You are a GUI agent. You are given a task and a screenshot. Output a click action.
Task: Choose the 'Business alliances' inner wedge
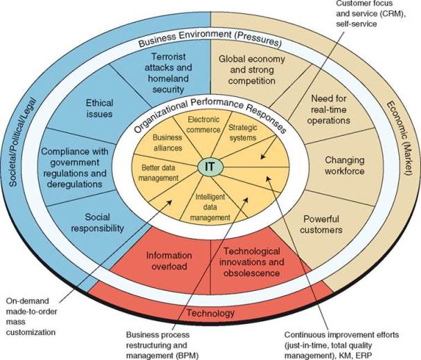167,143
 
